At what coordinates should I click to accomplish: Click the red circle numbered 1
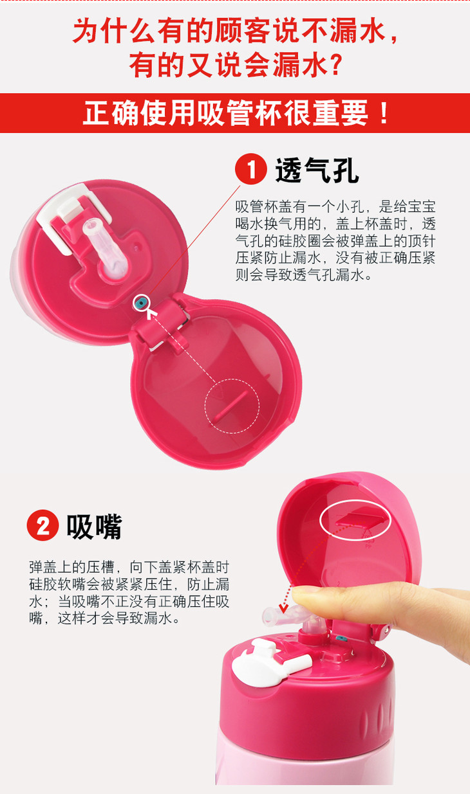coord(251,169)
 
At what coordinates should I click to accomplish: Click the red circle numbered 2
coord(42,526)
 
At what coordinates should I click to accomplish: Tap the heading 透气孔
coord(317,170)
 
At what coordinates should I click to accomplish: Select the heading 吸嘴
coord(94,527)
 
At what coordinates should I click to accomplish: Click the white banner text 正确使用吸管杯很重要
coord(225,113)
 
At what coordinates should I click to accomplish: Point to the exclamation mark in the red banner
coord(384,113)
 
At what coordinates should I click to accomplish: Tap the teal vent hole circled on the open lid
coord(141,303)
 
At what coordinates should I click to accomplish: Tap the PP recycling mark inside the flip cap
coord(368,540)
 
